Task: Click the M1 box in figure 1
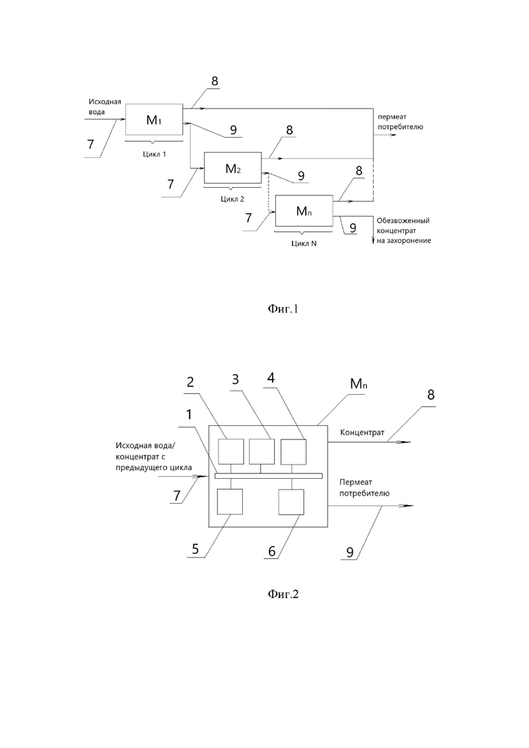[x=154, y=119]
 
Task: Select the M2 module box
[x=233, y=168]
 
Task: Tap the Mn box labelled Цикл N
[x=304, y=211]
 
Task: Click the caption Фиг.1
[x=283, y=309]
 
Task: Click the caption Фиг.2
[x=283, y=594]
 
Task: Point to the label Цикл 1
[x=155, y=154]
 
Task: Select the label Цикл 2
[x=233, y=199]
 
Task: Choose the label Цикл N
[x=304, y=243]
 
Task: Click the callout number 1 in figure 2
[x=189, y=414]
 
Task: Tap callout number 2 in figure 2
[x=191, y=382]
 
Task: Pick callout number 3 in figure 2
[x=235, y=379]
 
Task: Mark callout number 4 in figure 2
[x=271, y=378]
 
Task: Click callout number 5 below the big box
[x=195, y=549]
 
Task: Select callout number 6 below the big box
[x=272, y=551]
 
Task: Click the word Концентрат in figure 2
[x=362, y=433]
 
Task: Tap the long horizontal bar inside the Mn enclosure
[x=269, y=475]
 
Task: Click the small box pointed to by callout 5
[x=230, y=502]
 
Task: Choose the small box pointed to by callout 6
[x=291, y=502]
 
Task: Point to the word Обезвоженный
[x=403, y=221]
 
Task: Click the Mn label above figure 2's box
[x=359, y=383]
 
